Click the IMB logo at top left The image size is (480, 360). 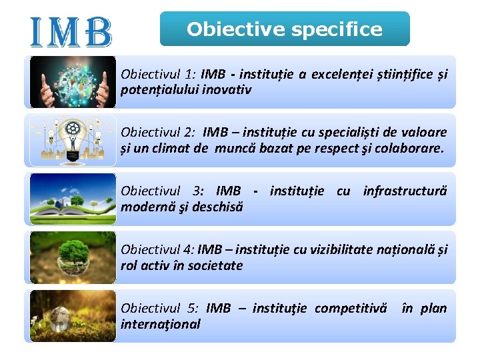click(x=71, y=32)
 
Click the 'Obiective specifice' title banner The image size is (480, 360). click(x=285, y=29)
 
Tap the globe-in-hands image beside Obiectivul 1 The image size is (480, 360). click(x=73, y=82)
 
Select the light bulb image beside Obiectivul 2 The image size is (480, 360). click(x=73, y=140)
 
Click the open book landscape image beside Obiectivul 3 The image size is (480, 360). click(x=73, y=199)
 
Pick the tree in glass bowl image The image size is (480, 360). click(x=73, y=257)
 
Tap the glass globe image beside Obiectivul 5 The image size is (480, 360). click(x=73, y=315)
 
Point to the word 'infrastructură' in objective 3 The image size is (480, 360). click(x=405, y=191)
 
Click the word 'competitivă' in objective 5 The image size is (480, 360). click(x=350, y=308)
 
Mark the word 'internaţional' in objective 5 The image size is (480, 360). click(x=160, y=324)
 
